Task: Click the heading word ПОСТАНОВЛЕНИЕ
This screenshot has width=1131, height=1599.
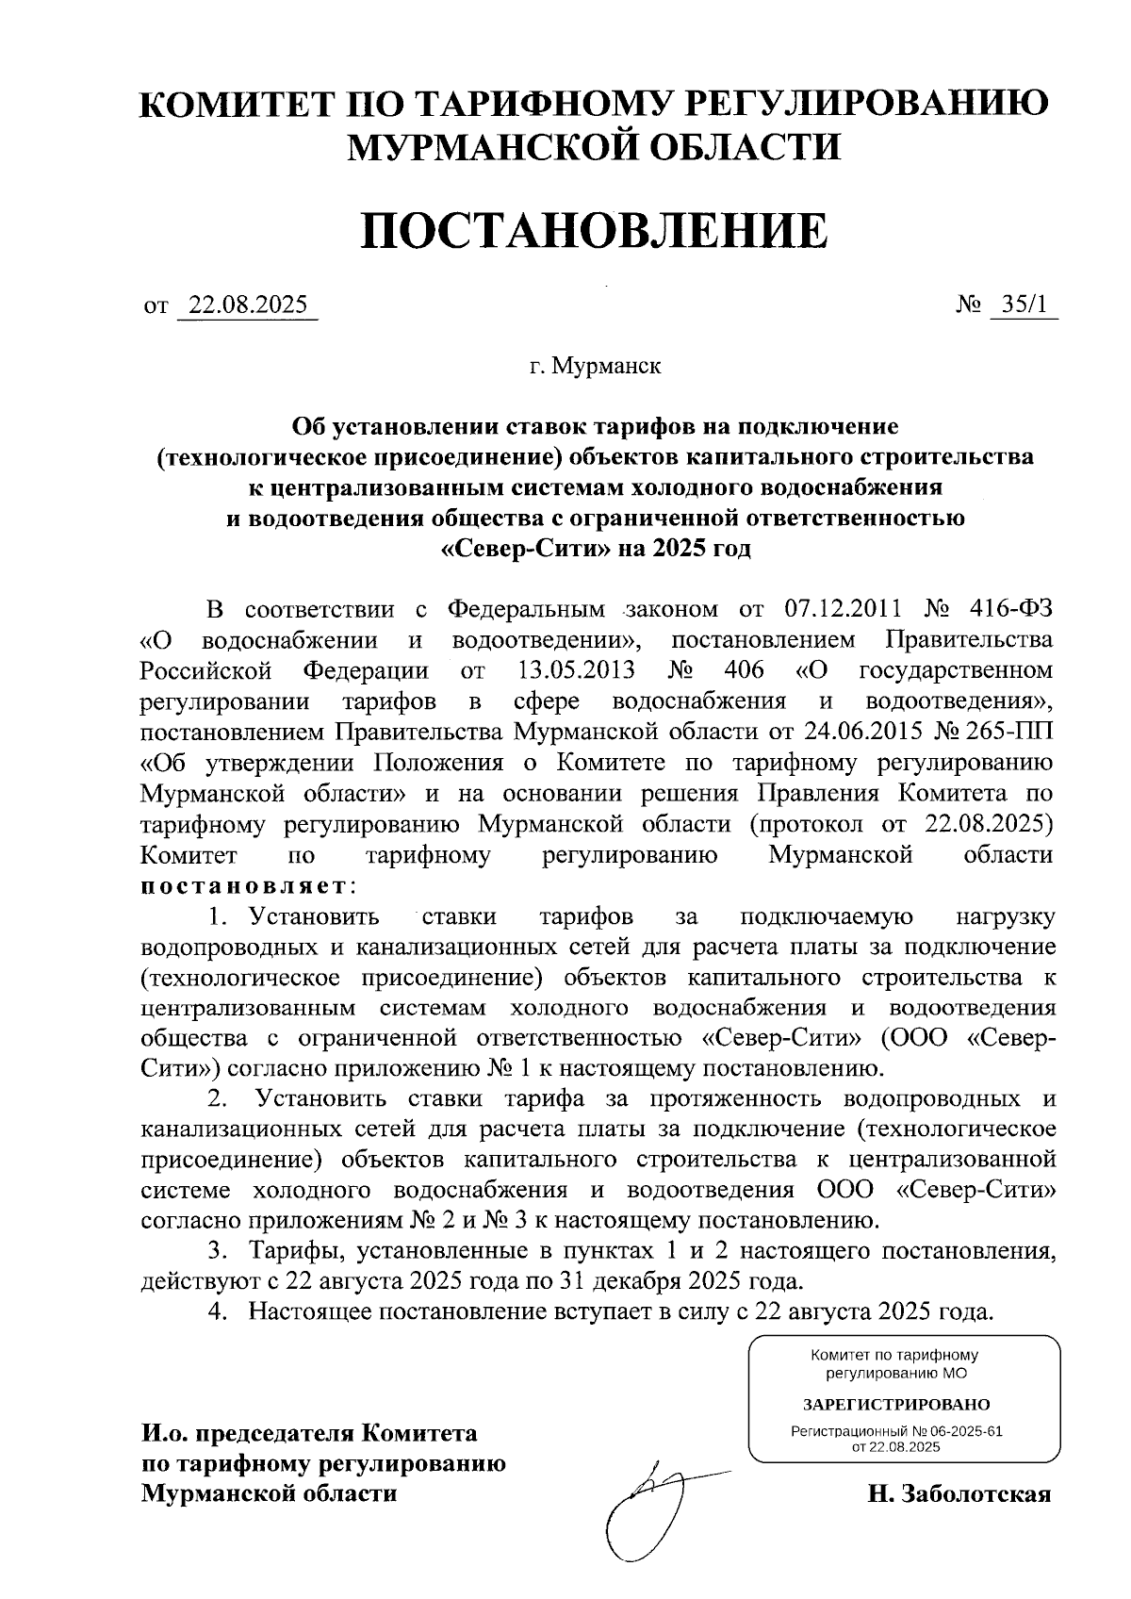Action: point(594,231)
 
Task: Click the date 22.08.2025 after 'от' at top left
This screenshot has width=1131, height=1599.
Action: point(248,305)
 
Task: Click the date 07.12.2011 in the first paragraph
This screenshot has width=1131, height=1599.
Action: point(844,609)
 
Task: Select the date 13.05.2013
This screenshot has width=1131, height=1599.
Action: point(577,671)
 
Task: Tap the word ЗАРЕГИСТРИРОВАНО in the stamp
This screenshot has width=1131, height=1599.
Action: point(896,1404)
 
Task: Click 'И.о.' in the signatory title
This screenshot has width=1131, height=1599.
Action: point(166,1434)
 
